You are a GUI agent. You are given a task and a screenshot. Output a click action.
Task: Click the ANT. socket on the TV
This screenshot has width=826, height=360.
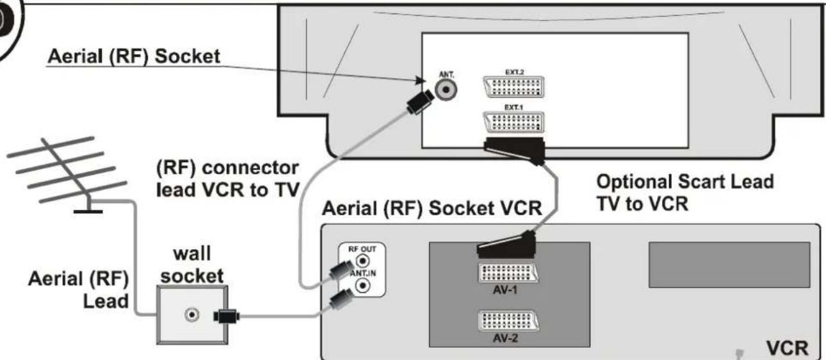point(446,90)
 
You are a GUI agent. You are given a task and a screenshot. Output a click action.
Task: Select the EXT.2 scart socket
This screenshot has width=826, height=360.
point(514,87)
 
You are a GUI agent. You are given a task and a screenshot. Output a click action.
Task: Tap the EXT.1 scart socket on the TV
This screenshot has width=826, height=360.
point(514,122)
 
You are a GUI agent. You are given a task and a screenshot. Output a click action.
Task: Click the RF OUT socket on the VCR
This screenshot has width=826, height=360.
point(362,261)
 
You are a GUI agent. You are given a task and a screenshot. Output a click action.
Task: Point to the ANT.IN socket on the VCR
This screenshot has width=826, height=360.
point(362,285)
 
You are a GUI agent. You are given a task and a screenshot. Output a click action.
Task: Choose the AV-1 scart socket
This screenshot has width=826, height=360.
point(508,274)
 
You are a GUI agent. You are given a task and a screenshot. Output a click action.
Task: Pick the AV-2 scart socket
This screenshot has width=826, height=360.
point(508,322)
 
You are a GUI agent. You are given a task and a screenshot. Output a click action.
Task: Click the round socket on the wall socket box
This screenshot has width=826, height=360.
point(191,315)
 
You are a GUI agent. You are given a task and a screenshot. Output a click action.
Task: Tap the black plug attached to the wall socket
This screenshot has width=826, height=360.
point(227,316)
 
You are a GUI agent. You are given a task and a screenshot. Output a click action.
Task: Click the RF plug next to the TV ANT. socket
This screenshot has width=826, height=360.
point(419,102)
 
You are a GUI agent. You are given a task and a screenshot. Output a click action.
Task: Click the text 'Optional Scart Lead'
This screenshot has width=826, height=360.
point(684,182)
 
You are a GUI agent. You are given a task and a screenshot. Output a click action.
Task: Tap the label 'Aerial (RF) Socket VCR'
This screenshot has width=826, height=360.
point(432,208)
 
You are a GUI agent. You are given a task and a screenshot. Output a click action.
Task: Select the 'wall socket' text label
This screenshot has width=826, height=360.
point(191,265)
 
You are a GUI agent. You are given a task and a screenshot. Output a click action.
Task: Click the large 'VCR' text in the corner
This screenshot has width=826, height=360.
point(788,348)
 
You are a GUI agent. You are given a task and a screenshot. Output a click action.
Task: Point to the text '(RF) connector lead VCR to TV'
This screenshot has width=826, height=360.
point(227,179)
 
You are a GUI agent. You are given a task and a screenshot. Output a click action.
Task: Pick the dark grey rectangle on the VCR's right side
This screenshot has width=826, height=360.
point(729,265)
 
